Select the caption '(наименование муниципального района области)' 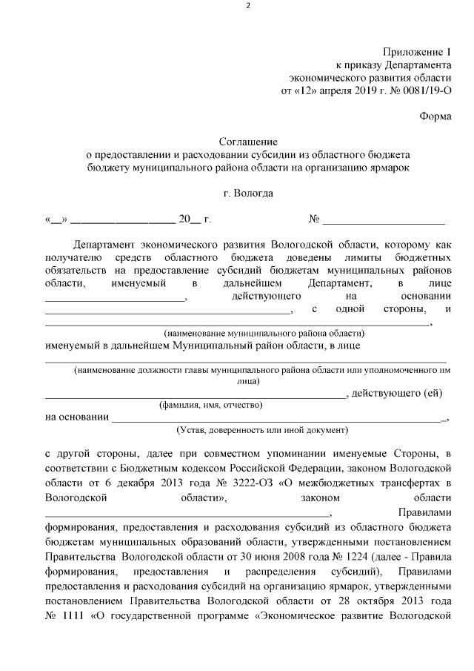tap(264, 334)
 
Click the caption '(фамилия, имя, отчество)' tap(211, 406)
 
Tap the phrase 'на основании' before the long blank tap(76, 417)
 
